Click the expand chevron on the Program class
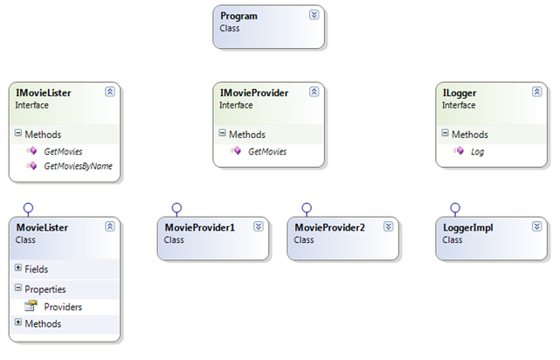tap(314, 15)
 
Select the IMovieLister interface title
tap(43, 93)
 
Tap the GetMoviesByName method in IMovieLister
tap(79, 166)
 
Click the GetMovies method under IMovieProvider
tap(267, 151)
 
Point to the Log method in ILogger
tap(477, 152)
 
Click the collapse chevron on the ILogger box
tap(536, 92)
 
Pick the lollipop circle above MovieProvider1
tap(176, 208)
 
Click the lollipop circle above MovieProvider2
tap(307, 208)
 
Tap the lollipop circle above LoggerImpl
tap(455, 208)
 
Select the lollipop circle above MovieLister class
tap(28, 208)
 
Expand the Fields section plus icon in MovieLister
tap(18, 267)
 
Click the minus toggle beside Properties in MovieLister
tap(18, 287)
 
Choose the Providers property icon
tap(31, 306)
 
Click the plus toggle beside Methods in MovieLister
tap(18, 322)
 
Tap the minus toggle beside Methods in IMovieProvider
tap(222, 133)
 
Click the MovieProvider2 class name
tap(329, 227)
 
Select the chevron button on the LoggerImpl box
tap(536, 226)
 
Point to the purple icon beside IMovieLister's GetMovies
tap(31, 150)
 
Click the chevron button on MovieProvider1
tap(259, 226)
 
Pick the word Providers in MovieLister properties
tap(63, 307)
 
